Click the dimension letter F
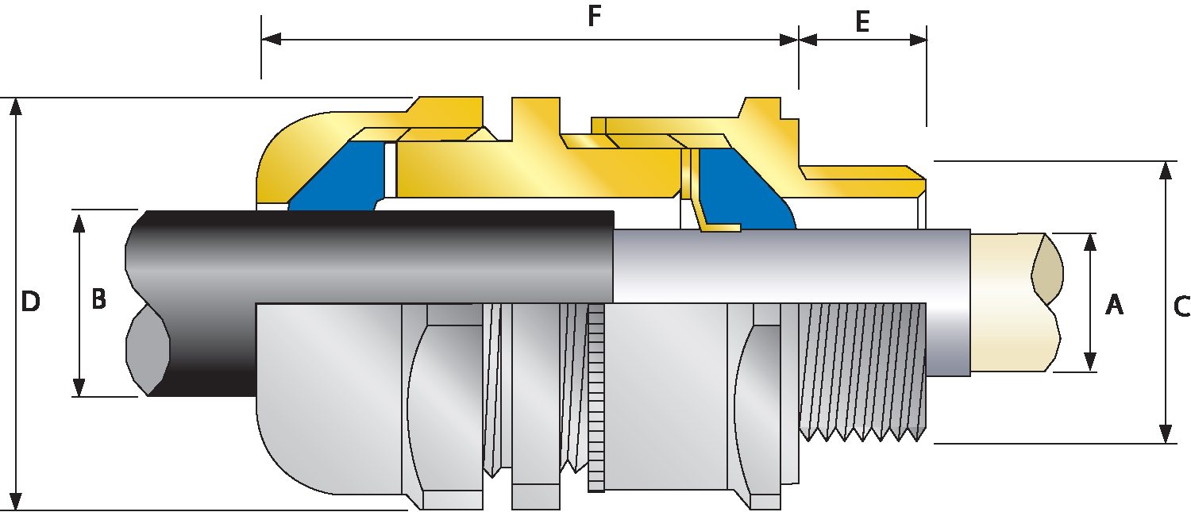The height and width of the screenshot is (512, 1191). pyautogui.click(x=594, y=17)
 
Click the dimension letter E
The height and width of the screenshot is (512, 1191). pyautogui.click(x=862, y=21)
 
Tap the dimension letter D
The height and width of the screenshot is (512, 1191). pyautogui.click(x=30, y=302)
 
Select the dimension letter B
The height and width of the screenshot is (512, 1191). pyautogui.click(x=98, y=299)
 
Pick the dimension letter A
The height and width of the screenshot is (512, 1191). pyautogui.click(x=1115, y=303)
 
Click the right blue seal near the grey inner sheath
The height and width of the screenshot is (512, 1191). pyautogui.click(x=746, y=191)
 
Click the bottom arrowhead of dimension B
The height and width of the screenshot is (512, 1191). pyautogui.click(x=79, y=387)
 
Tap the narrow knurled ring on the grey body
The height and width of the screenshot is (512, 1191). pyautogui.click(x=595, y=397)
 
